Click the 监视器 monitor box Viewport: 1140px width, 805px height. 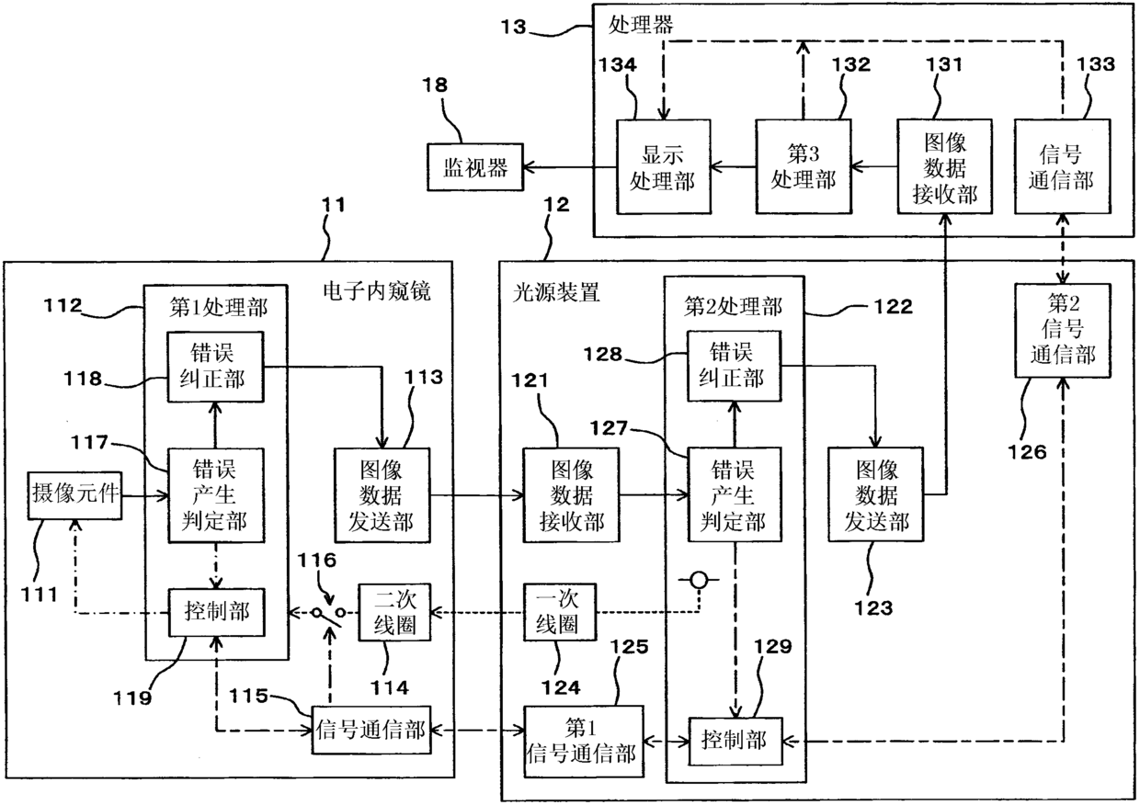tap(474, 167)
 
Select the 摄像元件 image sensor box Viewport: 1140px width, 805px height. tap(74, 495)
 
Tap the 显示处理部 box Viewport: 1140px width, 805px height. tap(664, 167)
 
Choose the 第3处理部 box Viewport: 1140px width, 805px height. tap(804, 167)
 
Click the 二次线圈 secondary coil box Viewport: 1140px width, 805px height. tap(395, 612)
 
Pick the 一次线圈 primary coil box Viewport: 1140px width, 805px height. tap(560, 612)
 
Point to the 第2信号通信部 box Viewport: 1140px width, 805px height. tap(1063, 330)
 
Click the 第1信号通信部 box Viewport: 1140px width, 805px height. tap(584, 741)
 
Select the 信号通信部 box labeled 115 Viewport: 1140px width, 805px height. tap(371, 731)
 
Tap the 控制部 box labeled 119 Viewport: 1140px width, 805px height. tap(217, 612)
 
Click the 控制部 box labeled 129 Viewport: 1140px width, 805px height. tap(735, 741)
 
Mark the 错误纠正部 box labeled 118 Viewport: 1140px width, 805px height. tap(216, 367)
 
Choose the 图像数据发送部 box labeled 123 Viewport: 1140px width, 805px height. tap(876, 494)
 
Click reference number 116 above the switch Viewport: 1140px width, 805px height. tap(316, 561)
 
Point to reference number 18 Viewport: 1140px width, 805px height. tap(435, 85)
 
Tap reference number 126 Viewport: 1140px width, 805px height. tap(1028, 452)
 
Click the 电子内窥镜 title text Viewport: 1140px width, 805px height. tap(377, 291)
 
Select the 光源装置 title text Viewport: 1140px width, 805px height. tap(556, 292)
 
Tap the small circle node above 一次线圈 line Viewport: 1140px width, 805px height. tap(699, 580)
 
